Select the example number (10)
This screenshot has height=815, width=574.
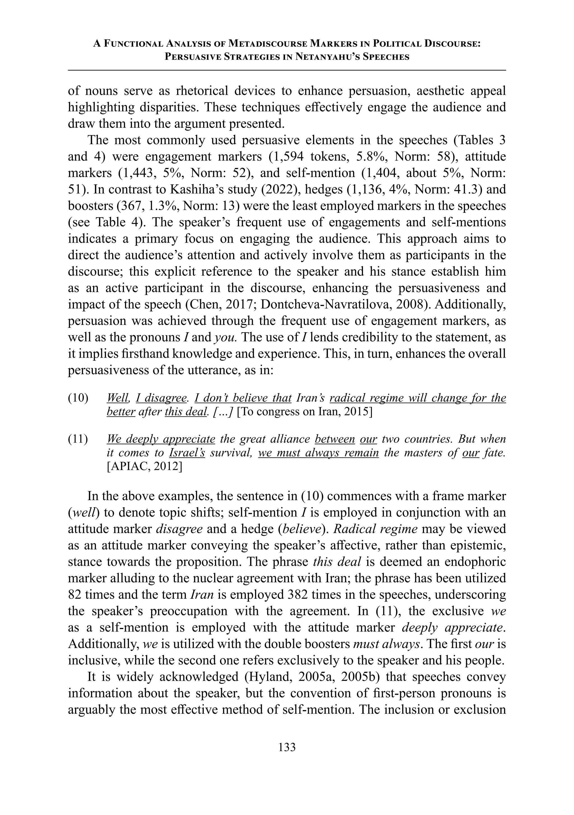pyautogui.click(x=78, y=398)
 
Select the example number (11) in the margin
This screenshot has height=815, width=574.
pyautogui.click(x=78, y=439)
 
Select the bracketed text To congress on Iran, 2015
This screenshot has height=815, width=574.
pyautogui.click(x=304, y=412)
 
